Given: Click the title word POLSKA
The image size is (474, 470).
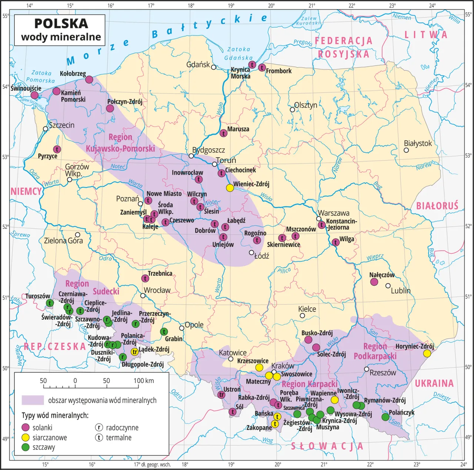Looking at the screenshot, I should pyautogui.click(x=61, y=23).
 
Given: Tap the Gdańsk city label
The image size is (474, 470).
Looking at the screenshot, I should pyautogui.click(x=198, y=64).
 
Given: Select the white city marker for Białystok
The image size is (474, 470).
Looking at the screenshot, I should pyautogui.click(x=406, y=150).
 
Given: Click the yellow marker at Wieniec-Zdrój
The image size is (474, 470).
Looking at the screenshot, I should pyautogui.click(x=230, y=187).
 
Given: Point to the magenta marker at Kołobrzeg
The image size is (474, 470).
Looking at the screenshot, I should pyautogui.click(x=89, y=80).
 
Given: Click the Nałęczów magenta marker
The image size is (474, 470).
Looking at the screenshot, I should pyautogui.click(x=374, y=282).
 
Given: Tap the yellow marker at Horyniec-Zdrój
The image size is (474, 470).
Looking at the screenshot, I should pyautogui.click(x=427, y=353).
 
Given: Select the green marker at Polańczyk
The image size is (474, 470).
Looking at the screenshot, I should pyautogui.click(x=385, y=417).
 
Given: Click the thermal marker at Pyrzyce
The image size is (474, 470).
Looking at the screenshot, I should pyautogui.click(x=57, y=149).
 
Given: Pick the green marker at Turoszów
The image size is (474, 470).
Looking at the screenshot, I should pyautogui.click(x=50, y=303).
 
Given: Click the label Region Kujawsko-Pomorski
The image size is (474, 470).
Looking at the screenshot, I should pyautogui.click(x=120, y=143).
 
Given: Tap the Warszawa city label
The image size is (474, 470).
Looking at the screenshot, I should pyautogui.click(x=334, y=213).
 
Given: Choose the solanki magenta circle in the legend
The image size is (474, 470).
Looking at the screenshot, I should pyautogui.click(x=26, y=427).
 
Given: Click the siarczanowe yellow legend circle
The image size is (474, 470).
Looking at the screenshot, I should pyautogui.click(x=26, y=437).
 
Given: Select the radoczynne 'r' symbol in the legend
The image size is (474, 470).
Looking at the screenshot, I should pyautogui.click(x=99, y=427).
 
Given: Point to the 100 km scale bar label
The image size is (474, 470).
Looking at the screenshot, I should pyautogui.click(x=144, y=381).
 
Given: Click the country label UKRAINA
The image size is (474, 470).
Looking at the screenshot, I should pyautogui.click(x=434, y=383).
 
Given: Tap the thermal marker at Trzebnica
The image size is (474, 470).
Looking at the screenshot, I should pyautogui.click(x=145, y=278).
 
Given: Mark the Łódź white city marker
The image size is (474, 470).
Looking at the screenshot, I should pyautogui.click(x=251, y=253).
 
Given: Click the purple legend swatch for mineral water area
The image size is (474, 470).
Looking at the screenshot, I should pyautogui.click(x=33, y=400).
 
